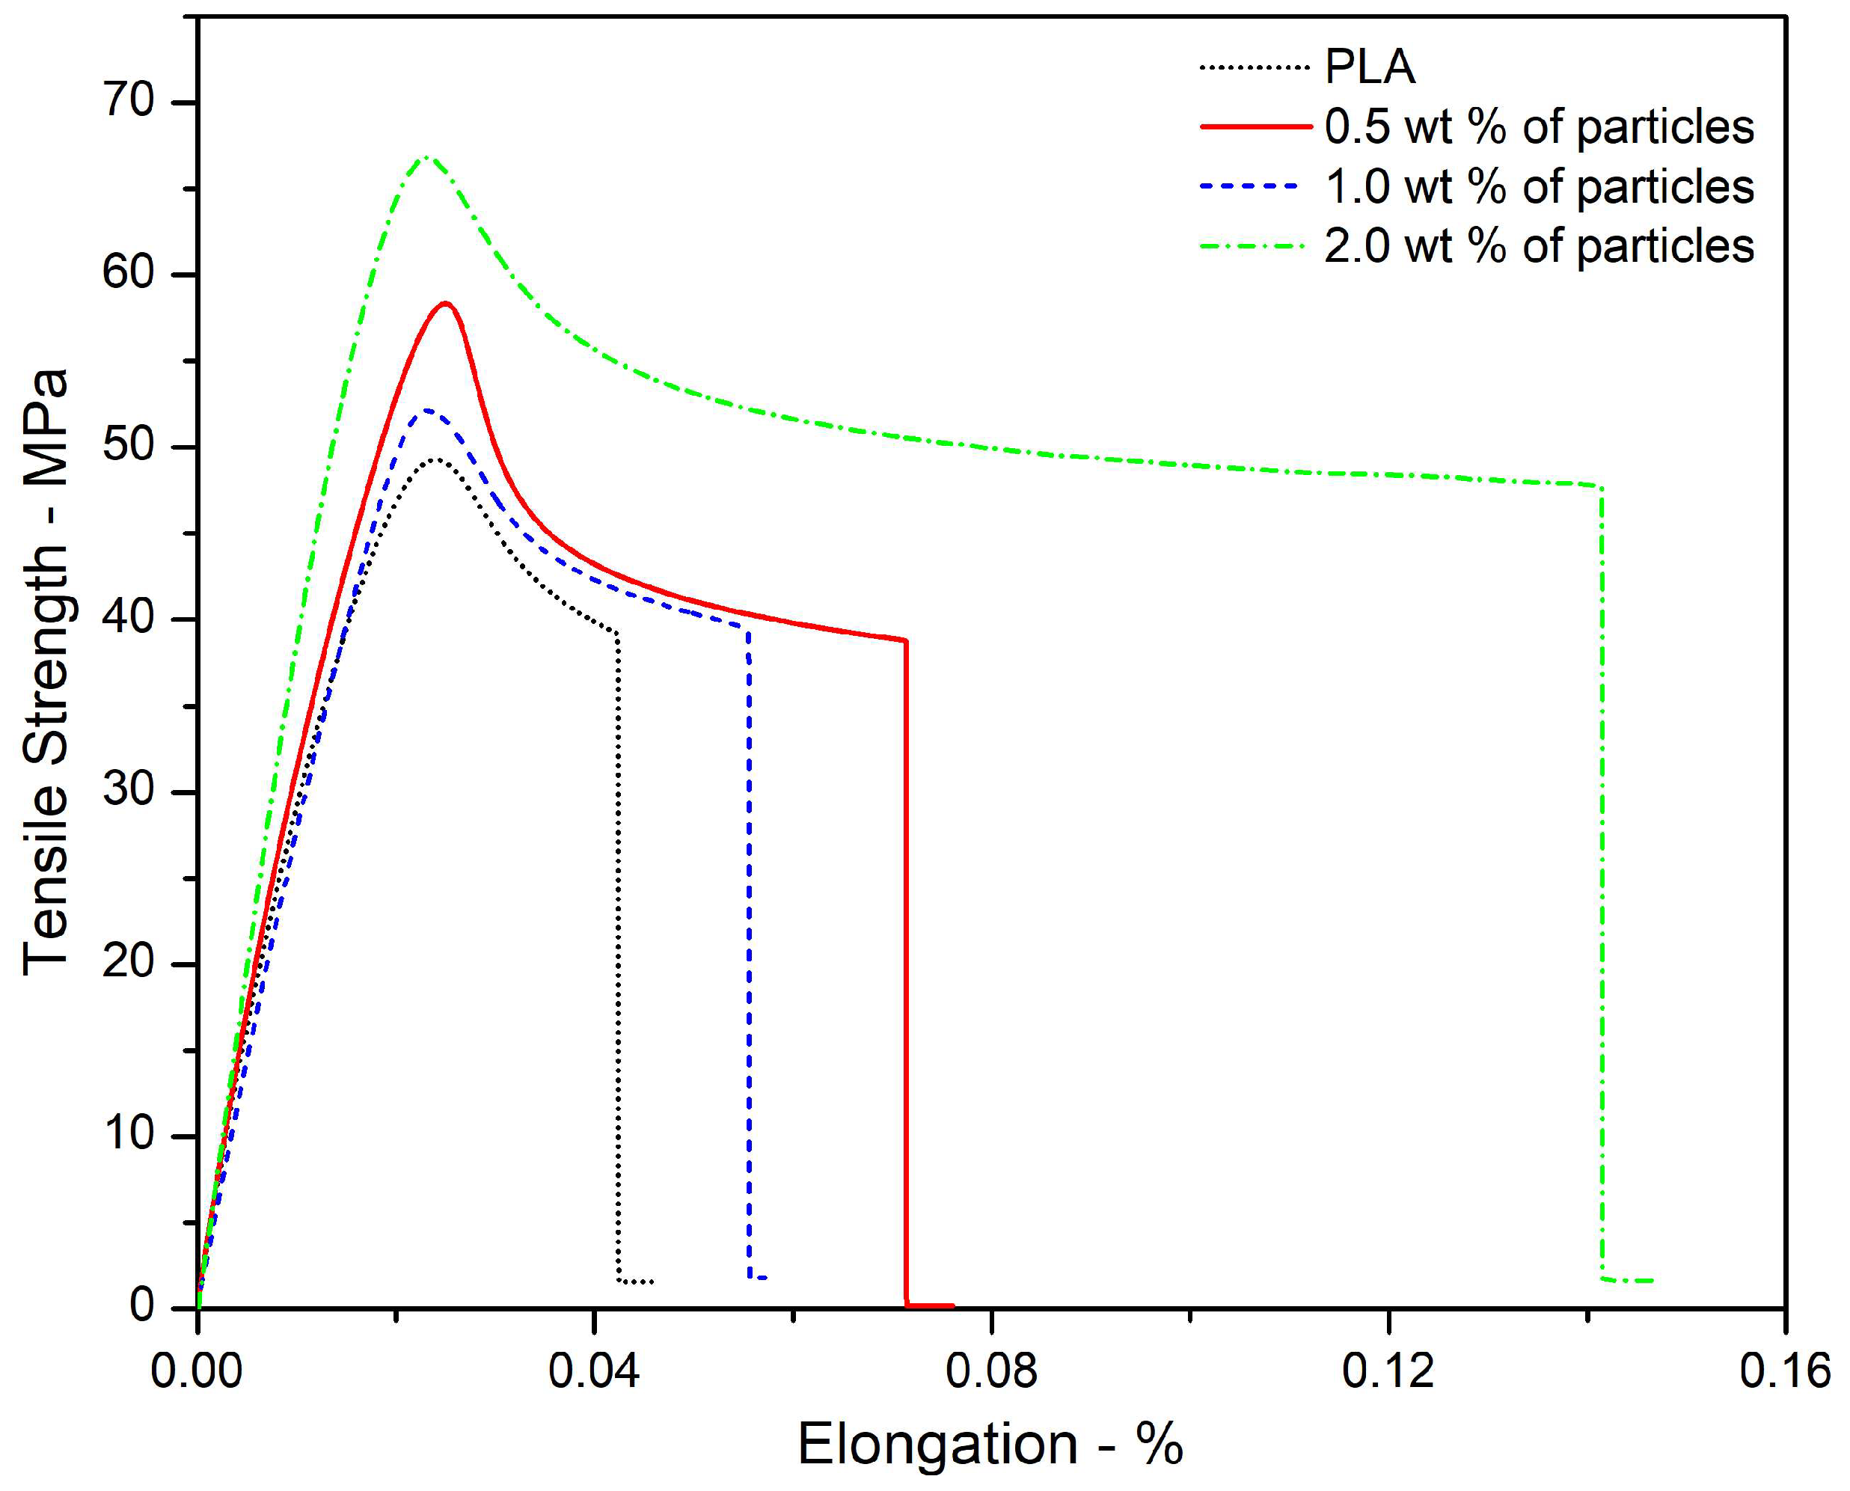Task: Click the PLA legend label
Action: coord(1370,67)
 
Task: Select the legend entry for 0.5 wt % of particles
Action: coord(1538,127)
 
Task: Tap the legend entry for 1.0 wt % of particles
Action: coord(1538,187)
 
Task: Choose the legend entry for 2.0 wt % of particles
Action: coord(1538,246)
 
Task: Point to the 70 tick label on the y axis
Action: coord(129,100)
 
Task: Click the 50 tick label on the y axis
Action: coord(129,446)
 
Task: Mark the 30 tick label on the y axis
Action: coord(129,790)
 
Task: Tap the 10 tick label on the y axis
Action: coord(129,1135)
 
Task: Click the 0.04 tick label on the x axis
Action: coord(593,1371)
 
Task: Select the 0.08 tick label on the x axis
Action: coord(991,1371)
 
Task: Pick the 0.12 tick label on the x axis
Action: coord(1388,1371)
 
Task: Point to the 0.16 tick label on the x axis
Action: coord(1785,1371)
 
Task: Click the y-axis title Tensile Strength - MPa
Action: coord(45,673)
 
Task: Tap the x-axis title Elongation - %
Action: coord(990,1445)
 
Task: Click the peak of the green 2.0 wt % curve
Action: coord(425,157)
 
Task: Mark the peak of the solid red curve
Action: coord(445,303)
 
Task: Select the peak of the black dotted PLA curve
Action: coord(436,459)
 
